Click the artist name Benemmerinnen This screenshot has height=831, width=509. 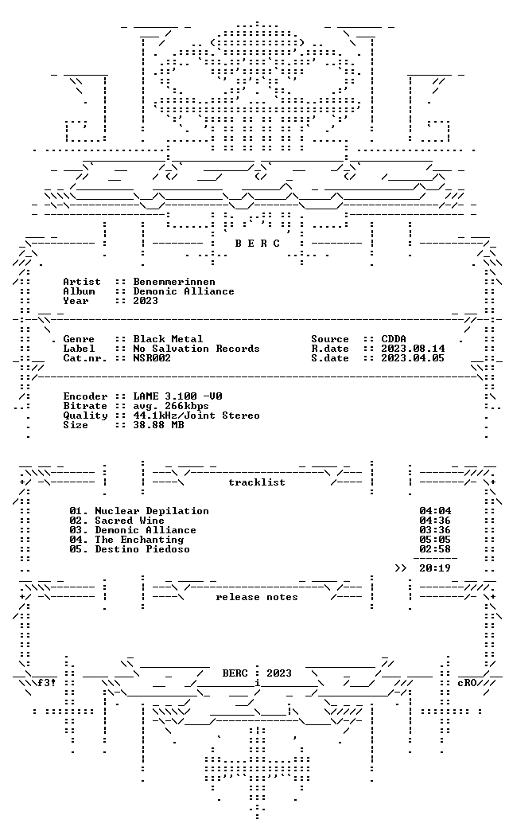tap(173, 282)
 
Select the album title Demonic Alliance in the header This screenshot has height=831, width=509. tap(183, 291)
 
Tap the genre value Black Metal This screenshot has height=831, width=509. tap(168, 338)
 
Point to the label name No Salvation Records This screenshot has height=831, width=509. tap(196, 348)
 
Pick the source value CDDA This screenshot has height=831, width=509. tap(394, 338)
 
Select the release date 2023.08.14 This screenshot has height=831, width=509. tap(413, 348)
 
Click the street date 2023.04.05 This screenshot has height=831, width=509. tap(413, 357)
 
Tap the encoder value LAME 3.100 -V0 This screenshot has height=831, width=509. tap(177, 396)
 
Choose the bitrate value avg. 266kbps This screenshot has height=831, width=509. tap(171, 406)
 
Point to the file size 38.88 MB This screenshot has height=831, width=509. tap(158, 424)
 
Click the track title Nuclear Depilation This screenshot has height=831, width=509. tap(151, 511)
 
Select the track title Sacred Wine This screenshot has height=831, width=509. tap(129, 521)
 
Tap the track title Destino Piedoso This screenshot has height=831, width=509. tap(142, 549)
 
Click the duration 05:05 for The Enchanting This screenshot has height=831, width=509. tap(435, 540)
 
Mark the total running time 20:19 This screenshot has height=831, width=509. tap(435, 568)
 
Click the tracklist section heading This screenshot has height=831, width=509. tap(257, 482)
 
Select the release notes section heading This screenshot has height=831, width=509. tap(257, 597)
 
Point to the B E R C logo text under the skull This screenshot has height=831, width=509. tap(258, 244)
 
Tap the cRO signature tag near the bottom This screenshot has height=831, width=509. tap(467, 683)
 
